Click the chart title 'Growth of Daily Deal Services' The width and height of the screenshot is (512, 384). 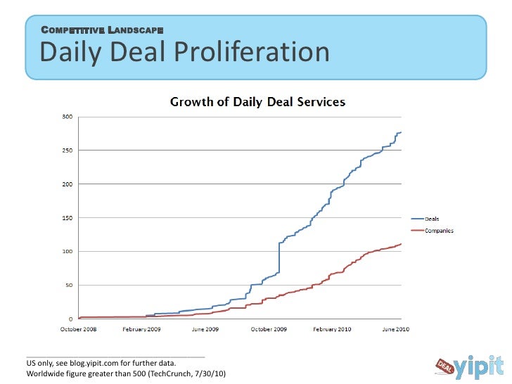point(258,102)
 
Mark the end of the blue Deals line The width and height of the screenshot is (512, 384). point(401,132)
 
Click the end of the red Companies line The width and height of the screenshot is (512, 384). point(401,244)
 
